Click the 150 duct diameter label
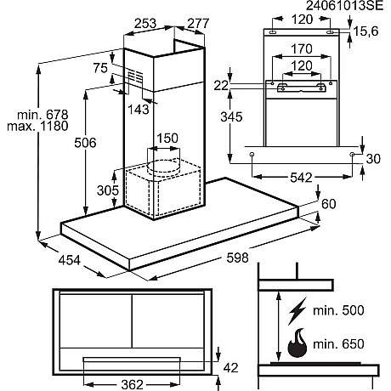167,139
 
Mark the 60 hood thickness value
330,203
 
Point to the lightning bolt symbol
298,310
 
